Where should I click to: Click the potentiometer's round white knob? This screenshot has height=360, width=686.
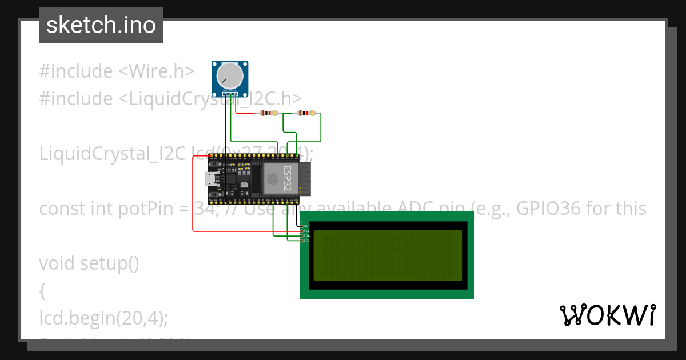pos(230,75)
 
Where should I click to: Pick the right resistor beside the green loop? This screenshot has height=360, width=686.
pos(306,113)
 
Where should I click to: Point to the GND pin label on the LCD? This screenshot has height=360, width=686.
pos(307,227)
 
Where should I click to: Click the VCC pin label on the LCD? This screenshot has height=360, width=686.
pos(307,231)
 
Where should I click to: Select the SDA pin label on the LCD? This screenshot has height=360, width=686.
pos(307,236)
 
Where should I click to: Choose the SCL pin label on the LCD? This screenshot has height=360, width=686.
pos(307,241)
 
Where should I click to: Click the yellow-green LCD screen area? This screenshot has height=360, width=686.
pos(388,255)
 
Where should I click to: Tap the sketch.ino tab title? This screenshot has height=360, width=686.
pos(101,25)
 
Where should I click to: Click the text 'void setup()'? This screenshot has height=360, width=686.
pos(89,263)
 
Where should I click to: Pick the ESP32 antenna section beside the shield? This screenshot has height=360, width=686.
pos(304,178)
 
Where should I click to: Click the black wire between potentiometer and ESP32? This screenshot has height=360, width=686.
pos(224,131)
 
